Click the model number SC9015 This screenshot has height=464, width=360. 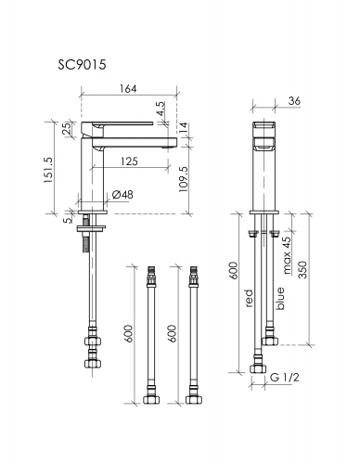[x=82, y=65]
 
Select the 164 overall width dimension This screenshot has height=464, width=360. [x=128, y=89]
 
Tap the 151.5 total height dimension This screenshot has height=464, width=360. [x=48, y=170]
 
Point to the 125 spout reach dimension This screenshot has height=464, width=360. [x=129, y=161]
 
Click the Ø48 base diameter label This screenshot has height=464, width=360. [x=122, y=195]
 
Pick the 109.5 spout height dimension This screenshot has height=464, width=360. [x=184, y=178]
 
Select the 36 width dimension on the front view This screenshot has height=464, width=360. [x=294, y=101]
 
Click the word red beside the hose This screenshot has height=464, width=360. [x=249, y=298]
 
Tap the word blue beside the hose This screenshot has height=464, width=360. [x=280, y=299]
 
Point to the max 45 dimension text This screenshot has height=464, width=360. [x=287, y=255]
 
